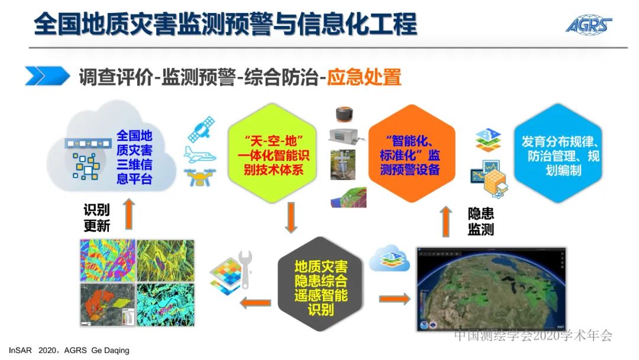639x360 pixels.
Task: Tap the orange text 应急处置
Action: [364, 77]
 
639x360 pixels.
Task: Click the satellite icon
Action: [201, 128]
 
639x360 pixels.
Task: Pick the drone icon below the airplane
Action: [200, 176]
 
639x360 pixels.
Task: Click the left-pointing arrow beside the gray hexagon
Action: [254, 303]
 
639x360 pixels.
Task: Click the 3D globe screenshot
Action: [492, 289]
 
